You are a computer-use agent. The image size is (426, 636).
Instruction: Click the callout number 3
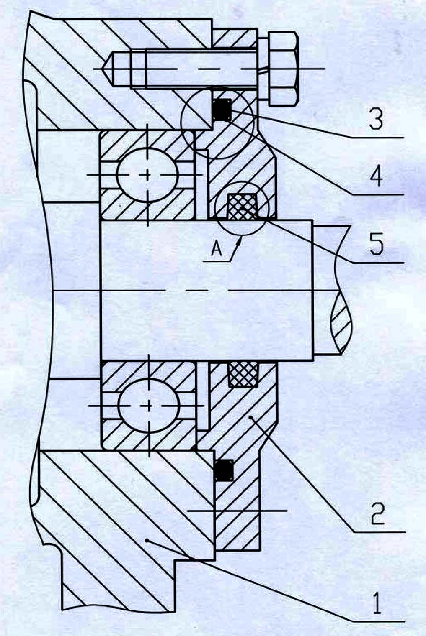click(376, 118)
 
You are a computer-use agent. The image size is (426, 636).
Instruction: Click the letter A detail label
click(217, 250)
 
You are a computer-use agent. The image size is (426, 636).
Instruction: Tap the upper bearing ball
click(147, 175)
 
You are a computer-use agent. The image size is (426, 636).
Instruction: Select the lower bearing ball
click(148, 406)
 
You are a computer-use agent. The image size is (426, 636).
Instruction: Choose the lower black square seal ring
click(224, 470)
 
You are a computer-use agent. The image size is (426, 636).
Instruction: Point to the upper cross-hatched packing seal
click(241, 207)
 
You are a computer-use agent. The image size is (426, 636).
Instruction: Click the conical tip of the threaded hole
click(108, 69)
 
